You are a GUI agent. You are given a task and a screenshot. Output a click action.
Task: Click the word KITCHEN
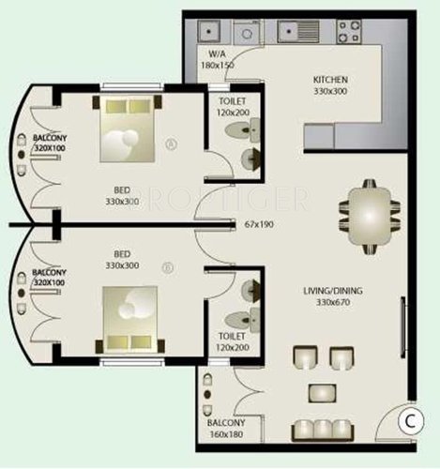331,80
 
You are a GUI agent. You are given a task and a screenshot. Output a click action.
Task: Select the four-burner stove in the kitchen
347,35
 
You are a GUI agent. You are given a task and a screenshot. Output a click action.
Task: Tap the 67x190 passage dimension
258,225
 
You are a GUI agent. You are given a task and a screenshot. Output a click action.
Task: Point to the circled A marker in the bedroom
169,144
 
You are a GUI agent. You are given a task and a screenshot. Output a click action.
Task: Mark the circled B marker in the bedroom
167,267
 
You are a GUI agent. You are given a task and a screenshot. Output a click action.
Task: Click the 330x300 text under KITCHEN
331,92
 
